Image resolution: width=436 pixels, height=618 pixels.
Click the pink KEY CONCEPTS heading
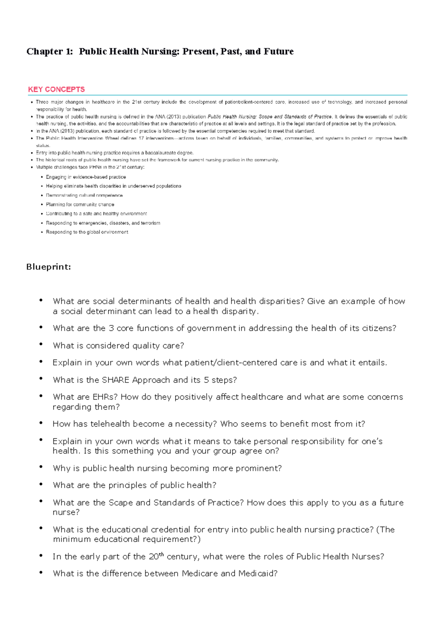56,90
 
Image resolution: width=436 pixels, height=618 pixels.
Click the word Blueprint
48,267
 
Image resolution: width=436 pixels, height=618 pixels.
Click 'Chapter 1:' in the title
49,52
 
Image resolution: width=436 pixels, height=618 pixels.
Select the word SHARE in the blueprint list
116,380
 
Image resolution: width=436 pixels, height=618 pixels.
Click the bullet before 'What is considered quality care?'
41,345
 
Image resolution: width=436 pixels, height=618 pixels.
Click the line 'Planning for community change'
80,205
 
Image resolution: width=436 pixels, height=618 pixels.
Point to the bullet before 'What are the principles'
41,484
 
